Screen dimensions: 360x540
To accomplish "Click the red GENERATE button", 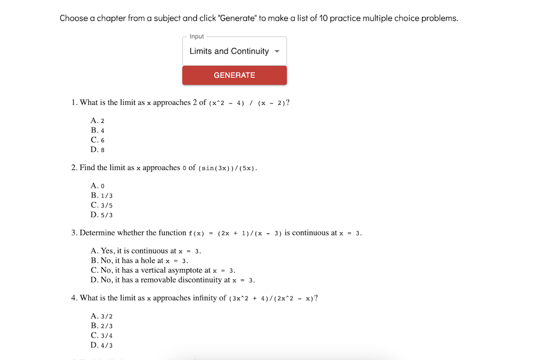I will [x=234, y=75].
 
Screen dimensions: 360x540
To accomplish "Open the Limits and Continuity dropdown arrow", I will [x=277, y=51].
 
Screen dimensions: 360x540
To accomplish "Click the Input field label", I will [x=196, y=36].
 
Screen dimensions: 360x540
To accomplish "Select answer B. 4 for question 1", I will [x=97, y=130].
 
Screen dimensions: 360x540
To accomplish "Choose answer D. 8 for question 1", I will [x=97, y=149].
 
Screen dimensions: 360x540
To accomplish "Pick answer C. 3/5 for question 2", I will [x=101, y=205].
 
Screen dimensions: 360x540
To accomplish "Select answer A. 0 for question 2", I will [x=97, y=185].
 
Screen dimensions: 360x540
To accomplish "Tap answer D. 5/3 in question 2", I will [x=101, y=215].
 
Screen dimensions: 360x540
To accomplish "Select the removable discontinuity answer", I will [x=173, y=280].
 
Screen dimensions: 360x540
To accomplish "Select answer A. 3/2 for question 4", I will [x=101, y=316].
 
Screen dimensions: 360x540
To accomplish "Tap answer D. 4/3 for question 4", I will [x=101, y=345].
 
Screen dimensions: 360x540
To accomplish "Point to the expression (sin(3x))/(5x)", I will [x=227, y=168].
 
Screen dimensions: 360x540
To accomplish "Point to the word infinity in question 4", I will [x=209, y=298].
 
